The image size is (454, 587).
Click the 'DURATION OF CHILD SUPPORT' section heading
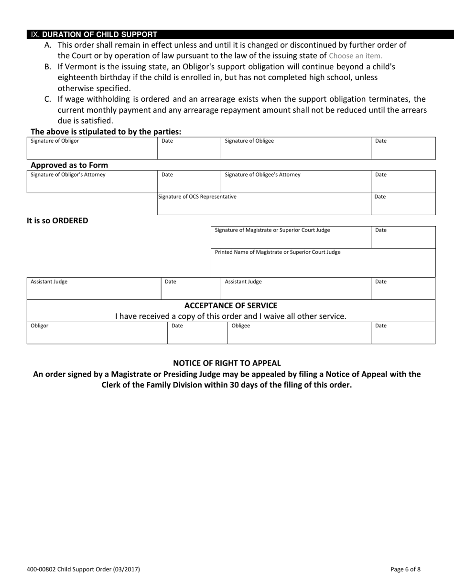[x=99, y=34]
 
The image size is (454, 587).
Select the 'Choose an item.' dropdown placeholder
[x=356, y=55]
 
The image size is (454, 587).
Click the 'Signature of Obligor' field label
[x=55, y=141]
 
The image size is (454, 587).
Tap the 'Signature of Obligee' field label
[x=249, y=141]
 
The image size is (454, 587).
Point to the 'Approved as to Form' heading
[x=69, y=165]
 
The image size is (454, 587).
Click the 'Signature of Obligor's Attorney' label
[x=68, y=175]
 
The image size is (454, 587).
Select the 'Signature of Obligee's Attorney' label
[x=262, y=175]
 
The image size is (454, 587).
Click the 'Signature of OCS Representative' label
[x=197, y=197]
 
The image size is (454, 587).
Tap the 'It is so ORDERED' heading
[x=57, y=220]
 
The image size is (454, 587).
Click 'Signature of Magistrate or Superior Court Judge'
[x=272, y=230]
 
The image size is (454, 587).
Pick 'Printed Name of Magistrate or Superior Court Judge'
[x=278, y=252]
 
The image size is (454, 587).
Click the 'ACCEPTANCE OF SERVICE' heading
[x=231, y=305]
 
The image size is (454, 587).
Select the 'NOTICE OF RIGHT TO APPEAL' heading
[x=227, y=363]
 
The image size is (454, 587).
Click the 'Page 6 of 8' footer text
[x=405, y=569]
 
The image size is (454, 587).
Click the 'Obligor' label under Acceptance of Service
[x=40, y=326]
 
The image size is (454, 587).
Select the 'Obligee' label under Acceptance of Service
[x=240, y=326]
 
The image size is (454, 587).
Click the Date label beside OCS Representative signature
[x=380, y=197]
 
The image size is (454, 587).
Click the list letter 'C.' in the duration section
[x=48, y=99]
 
